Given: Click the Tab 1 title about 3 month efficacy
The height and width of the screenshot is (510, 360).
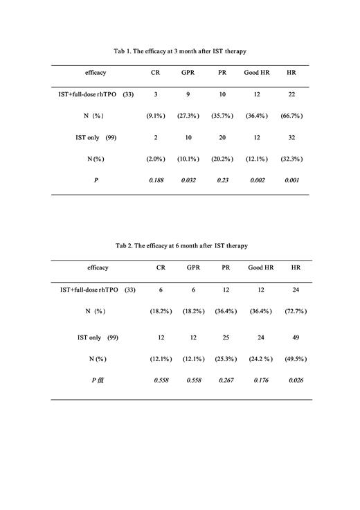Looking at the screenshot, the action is pos(180,51).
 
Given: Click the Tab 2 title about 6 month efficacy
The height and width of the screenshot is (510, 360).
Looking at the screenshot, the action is pos(181,245).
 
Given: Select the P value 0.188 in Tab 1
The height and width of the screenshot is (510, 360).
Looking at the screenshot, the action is pos(156,180).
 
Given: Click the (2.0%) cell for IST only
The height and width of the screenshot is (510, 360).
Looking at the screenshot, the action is pos(156,159).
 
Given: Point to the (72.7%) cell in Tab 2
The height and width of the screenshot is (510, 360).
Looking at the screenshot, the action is pos(296,311).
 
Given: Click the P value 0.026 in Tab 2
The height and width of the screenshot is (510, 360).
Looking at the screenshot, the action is pos(296,380).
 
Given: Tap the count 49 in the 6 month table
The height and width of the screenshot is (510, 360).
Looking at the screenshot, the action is pos(296,337).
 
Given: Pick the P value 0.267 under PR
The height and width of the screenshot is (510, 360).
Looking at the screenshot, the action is pos(226,380).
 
